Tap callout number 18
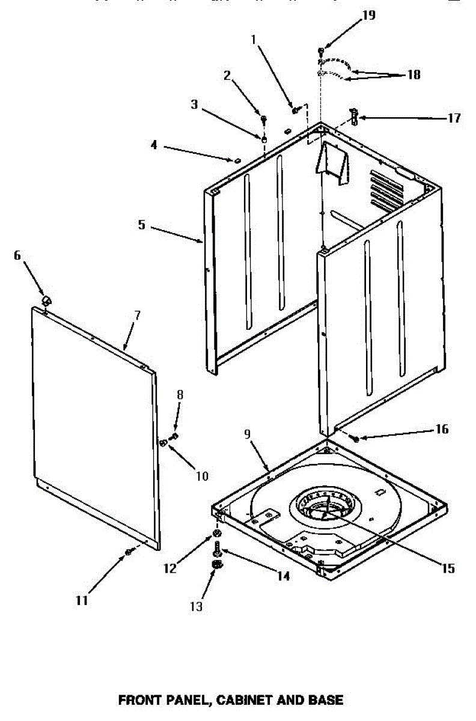click(x=413, y=75)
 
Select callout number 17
click(x=453, y=118)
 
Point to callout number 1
click(x=254, y=39)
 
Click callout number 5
click(x=141, y=225)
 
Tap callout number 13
click(x=196, y=607)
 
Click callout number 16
click(x=442, y=429)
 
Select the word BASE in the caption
click(x=326, y=700)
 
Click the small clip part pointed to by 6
click(x=46, y=299)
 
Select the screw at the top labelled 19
click(x=322, y=50)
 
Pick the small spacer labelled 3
click(x=263, y=138)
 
